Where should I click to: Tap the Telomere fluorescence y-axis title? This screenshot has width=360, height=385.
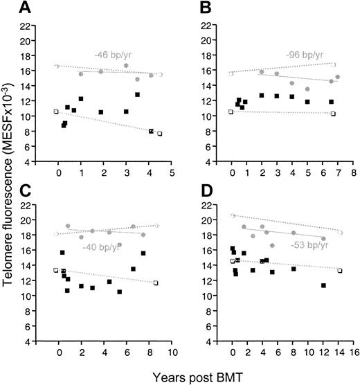10,190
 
